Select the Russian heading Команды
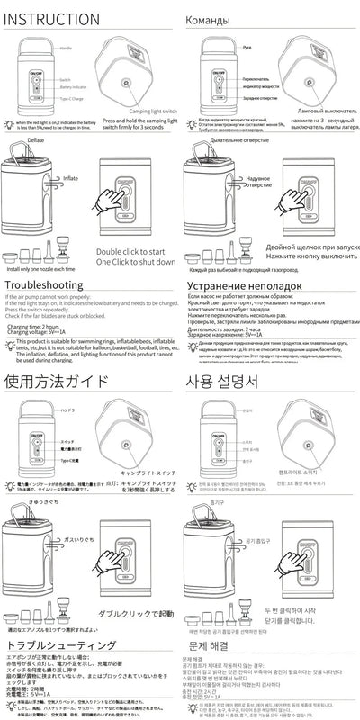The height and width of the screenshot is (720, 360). pyautogui.click(x=215, y=19)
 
